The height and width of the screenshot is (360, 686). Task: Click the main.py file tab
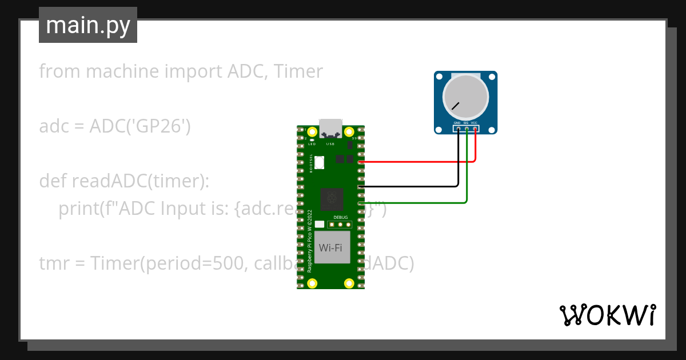88,25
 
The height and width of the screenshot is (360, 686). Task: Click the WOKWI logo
607,315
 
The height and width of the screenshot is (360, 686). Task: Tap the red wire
417,162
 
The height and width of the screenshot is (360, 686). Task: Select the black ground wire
412,186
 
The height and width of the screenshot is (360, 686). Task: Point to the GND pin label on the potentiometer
457,123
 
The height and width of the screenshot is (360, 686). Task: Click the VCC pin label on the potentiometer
474,123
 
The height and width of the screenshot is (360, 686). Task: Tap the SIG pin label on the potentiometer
466,123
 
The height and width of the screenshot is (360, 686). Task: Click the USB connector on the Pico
330,128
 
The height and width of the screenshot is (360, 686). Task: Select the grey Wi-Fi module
332,247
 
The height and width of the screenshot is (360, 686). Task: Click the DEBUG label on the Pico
340,218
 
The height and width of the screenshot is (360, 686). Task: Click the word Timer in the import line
298,71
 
